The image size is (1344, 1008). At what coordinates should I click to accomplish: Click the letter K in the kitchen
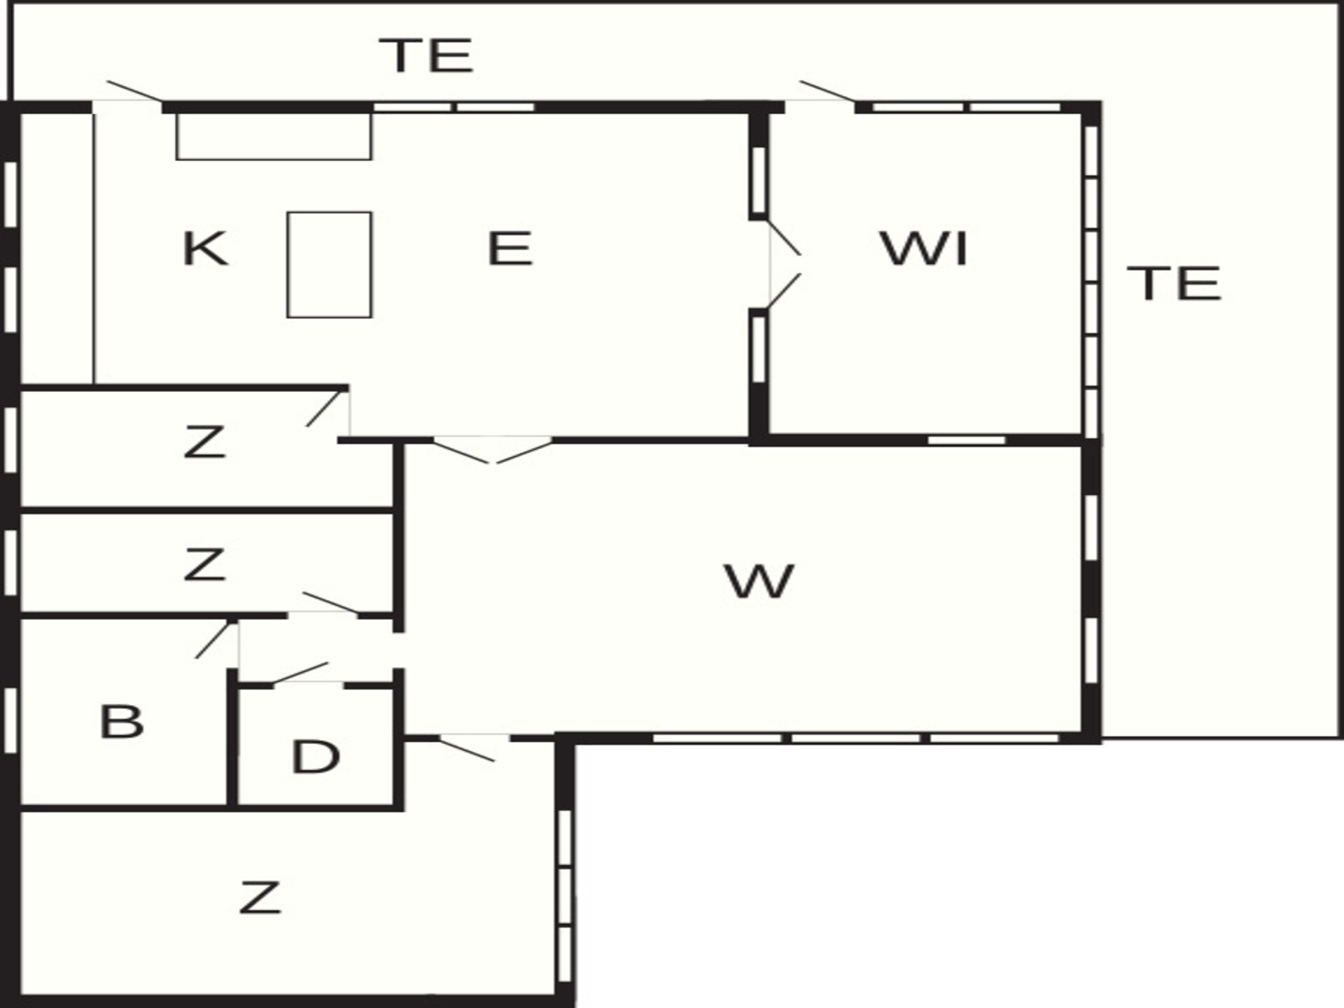click(204, 248)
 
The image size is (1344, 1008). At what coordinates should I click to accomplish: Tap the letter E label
click(510, 248)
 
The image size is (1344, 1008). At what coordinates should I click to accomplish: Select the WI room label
click(924, 248)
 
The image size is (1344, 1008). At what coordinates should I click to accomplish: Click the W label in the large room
click(759, 582)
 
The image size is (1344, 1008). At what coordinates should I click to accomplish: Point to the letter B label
click(122, 722)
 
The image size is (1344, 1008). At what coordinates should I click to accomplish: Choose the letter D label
click(316, 757)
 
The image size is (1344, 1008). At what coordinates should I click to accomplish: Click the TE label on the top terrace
click(426, 55)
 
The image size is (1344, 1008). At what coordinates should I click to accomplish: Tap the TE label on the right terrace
click(1175, 283)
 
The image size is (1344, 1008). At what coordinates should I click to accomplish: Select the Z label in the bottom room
click(260, 898)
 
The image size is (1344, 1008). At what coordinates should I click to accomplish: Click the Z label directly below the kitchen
click(204, 442)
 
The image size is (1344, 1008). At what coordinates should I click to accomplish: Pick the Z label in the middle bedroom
click(204, 565)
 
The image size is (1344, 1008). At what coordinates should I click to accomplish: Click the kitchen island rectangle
click(329, 265)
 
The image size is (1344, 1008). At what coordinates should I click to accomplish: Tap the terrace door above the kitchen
click(134, 92)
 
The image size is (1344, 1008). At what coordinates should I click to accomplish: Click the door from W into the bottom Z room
click(467, 749)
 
